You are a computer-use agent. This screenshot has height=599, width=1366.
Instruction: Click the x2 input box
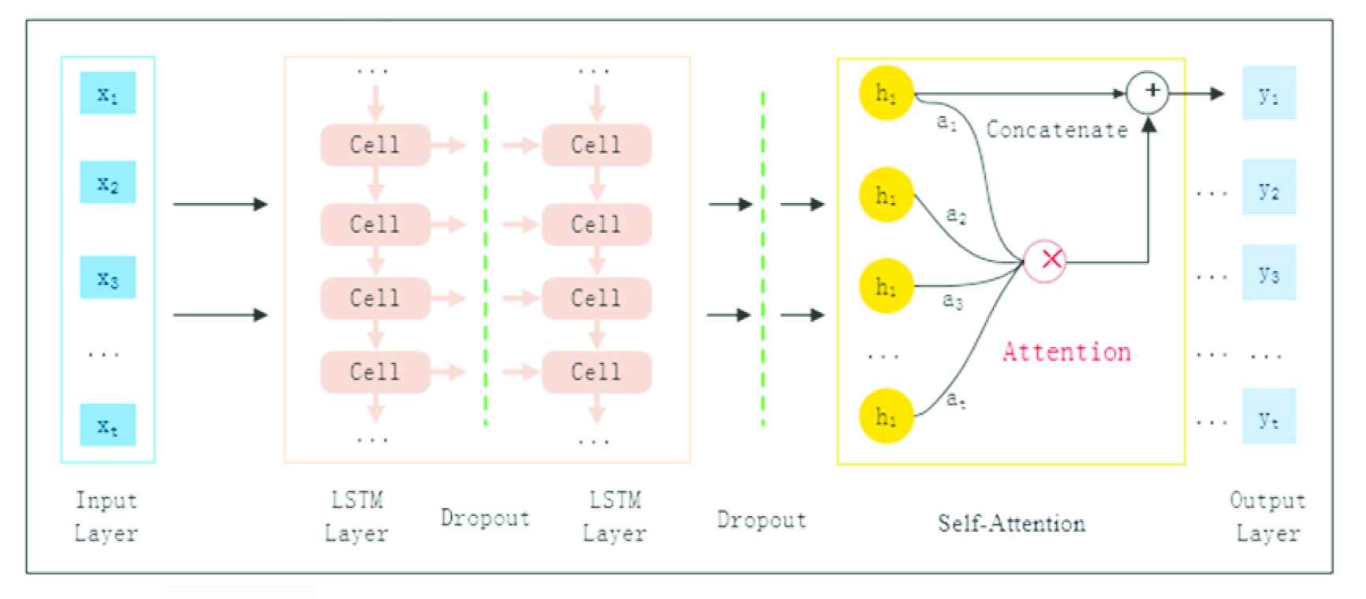tap(107, 183)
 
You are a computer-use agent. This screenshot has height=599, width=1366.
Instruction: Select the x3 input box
tap(107, 277)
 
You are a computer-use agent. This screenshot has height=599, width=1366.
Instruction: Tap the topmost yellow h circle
tap(886, 94)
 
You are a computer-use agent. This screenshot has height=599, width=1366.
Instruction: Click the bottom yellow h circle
tap(886, 416)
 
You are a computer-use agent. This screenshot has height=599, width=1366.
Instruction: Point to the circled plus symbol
tap(1147, 92)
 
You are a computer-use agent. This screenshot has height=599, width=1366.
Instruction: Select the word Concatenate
tap(1057, 130)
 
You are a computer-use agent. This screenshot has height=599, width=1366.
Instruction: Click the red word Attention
tap(1067, 351)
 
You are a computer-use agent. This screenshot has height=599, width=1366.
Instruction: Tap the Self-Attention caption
tap(1011, 523)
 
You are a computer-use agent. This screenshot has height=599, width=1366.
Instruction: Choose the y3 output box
tap(1269, 273)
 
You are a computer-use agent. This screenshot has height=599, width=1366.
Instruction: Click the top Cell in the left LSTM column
tap(375, 145)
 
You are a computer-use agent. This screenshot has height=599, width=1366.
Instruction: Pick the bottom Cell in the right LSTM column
tap(596, 371)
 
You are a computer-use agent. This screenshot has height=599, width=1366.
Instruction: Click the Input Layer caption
tap(106, 517)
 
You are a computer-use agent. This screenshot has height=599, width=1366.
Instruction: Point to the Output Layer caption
tap(1267, 517)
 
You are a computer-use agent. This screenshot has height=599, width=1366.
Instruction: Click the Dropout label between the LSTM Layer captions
tap(485, 518)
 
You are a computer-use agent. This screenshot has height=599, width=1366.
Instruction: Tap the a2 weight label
tap(956, 214)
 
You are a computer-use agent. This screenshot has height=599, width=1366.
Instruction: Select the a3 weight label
tap(953, 300)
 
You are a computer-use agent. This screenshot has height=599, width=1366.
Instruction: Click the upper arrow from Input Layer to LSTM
tap(220, 205)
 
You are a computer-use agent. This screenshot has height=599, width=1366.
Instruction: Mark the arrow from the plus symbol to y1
tap(1196, 94)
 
